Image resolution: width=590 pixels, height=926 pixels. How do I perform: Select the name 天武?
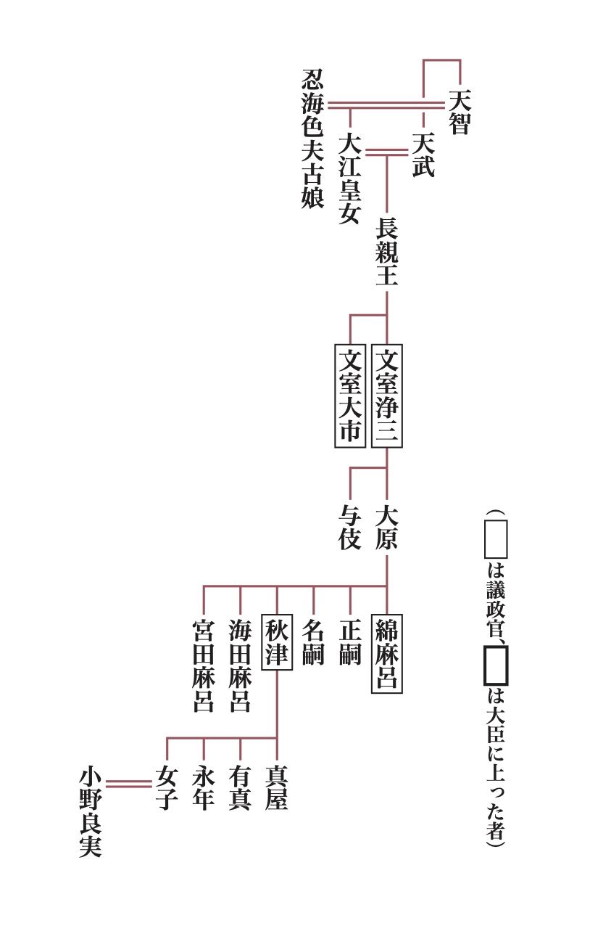click(x=423, y=155)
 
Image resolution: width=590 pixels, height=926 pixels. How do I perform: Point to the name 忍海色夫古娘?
click(x=312, y=139)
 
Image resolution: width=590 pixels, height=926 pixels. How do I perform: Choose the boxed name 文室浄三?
click(x=386, y=396)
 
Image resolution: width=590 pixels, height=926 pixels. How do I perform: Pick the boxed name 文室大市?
click(x=350, y=396)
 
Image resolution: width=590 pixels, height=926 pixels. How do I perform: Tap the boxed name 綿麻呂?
click(x=386, y=654)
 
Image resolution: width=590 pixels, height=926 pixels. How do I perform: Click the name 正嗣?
click(x=350, y=642)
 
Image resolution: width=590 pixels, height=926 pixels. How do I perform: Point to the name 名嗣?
click(x=313, y=642)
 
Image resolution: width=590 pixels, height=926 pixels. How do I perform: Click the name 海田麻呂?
click(x=240, y=665)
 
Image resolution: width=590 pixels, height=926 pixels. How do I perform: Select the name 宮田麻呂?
click(x=203, y=665)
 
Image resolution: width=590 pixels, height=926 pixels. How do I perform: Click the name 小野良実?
click(x=91, y=812)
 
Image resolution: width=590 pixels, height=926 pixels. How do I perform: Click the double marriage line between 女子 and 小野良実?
click(x=129, y=783)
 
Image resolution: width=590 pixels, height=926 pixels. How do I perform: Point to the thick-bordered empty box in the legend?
click(x=496, y=664)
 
